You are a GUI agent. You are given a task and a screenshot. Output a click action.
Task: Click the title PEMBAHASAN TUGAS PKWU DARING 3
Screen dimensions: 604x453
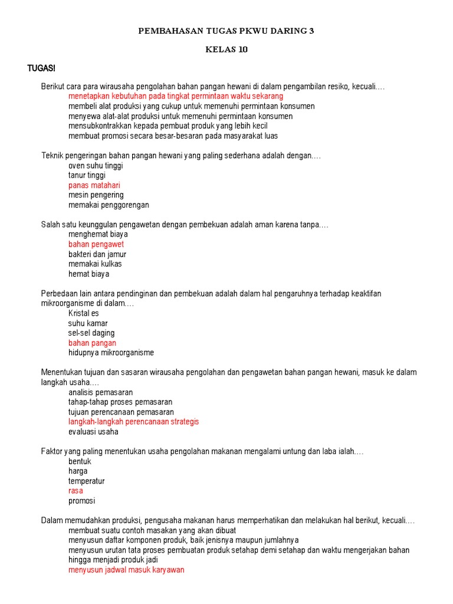click(x=226, y=31)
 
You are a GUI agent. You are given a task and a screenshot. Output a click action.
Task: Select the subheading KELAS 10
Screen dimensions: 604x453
click(x=226, y=50)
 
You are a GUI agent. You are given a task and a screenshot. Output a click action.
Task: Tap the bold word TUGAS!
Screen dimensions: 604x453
click(x=41, y=68)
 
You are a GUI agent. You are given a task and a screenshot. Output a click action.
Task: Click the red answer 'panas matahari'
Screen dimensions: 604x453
click(x=94, y=185)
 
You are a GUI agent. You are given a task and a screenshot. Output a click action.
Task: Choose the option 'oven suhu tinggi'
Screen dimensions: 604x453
click(x=96, y=166)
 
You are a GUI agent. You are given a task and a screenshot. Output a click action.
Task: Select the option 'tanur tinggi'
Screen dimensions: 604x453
click(x=87, y=175)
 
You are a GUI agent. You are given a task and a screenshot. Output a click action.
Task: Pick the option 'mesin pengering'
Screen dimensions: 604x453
click(x=96, y=195)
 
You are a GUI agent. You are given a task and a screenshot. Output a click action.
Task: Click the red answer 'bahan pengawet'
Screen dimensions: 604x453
click(x=96, y=244)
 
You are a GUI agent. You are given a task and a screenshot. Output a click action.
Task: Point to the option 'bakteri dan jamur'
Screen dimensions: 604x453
click(x=97, y=254)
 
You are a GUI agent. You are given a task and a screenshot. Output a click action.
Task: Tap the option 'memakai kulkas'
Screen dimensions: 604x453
click(x=95, y=264)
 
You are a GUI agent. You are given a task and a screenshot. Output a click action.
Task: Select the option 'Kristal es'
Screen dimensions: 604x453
click(x=84, y=313)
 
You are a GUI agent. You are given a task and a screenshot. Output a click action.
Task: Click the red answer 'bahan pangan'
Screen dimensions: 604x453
click(x=92, y=343)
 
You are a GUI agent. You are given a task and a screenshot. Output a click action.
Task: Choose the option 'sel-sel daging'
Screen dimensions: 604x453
click(x=91, y=333)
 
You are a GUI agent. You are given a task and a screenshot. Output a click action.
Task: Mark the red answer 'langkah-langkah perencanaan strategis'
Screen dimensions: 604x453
click(x=134, y=422)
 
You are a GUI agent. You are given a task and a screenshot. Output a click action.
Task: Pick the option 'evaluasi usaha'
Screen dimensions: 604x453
click(x=93, y=431)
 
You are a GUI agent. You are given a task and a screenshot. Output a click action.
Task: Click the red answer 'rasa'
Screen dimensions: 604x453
click(x=75, y=491)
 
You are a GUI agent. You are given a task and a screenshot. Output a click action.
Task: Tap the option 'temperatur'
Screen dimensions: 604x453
click(x=87, y=481)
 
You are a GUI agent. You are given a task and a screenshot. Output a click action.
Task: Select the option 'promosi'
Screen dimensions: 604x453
click(x=81, y=501)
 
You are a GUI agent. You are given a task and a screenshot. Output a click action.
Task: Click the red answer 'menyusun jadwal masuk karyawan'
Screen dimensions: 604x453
click(x=126, y=570)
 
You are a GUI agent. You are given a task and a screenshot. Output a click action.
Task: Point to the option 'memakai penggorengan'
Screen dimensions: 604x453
click(x=109, y=205)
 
